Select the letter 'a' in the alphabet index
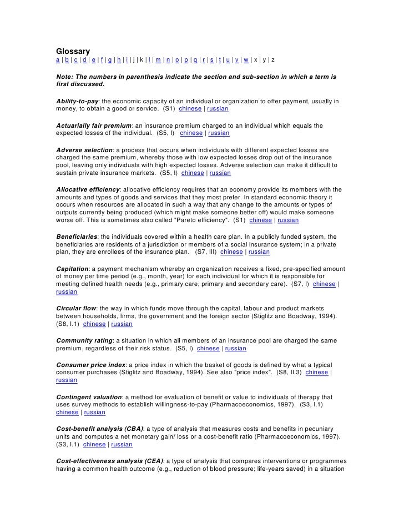tap(58, 59)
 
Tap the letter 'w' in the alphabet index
tap(245, 59)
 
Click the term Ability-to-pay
tap(77, 101)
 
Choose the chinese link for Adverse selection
tap(193, 173)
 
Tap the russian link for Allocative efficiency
tap(288, 220)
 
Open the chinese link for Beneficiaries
tap(231, 252)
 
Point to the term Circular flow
tap(76, 308)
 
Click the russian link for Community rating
tap(235, 349)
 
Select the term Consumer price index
tap(91, 365)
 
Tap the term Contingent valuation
tap(89, 397)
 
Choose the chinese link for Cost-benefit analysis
tap(94, 445)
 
